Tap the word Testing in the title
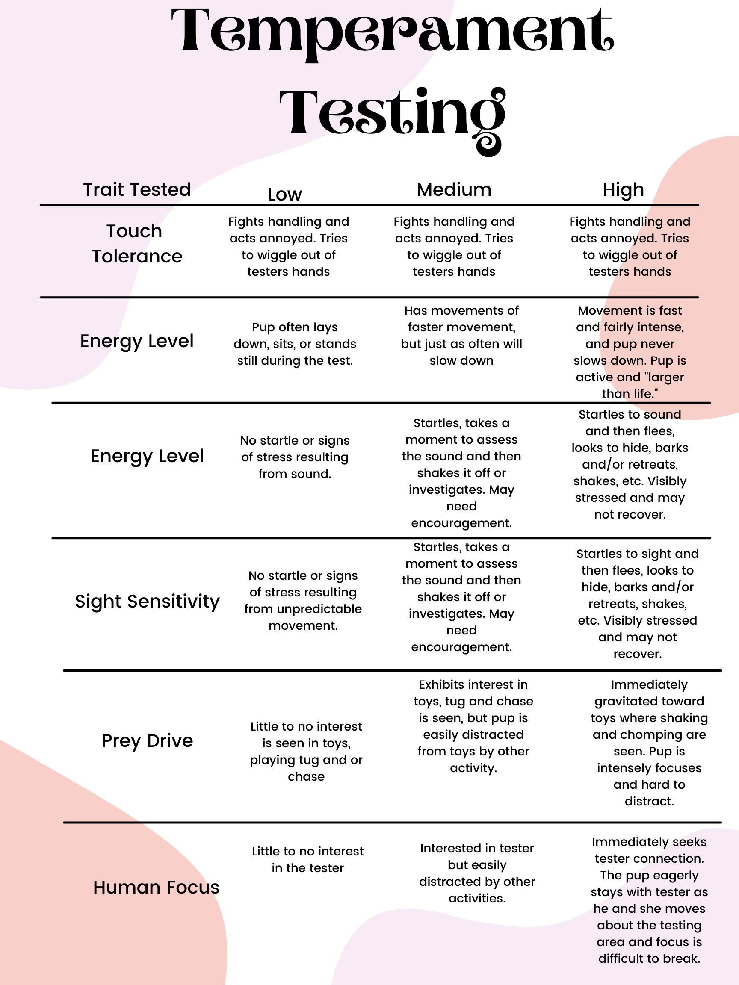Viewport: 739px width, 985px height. click(392, 114)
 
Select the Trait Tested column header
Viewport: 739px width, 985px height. click(137, 190)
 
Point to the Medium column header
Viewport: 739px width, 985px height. click(454, 190)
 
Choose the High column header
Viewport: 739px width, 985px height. click(623, 190)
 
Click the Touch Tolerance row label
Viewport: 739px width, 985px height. click(137, 244)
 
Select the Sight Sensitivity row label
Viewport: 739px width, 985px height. click(147, 601)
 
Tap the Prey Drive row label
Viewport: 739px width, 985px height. click(147, 740)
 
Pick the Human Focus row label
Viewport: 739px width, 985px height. click(156, 887)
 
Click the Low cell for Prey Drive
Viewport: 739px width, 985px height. click(306, 751)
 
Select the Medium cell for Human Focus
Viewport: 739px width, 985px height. click(477, 873)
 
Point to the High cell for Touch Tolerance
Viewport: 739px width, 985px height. click(630, 247)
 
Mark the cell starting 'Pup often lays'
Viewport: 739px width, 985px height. click(295, 344)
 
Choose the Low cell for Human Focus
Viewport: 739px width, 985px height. click(307, 859)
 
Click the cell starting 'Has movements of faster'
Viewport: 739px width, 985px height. click(461, 335)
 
